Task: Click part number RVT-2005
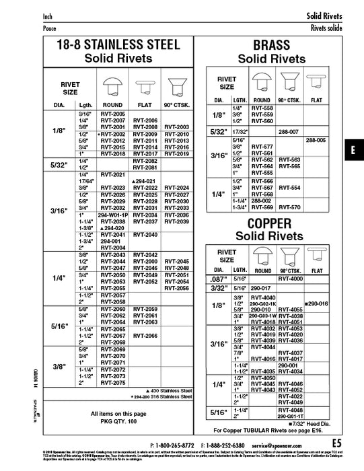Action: tap(113, 114)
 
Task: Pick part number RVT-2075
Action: tap(113, 382)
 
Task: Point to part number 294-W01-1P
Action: tap(113, 215)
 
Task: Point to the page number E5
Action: tap(338, 443)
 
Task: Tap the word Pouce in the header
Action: tap(49, 30)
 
